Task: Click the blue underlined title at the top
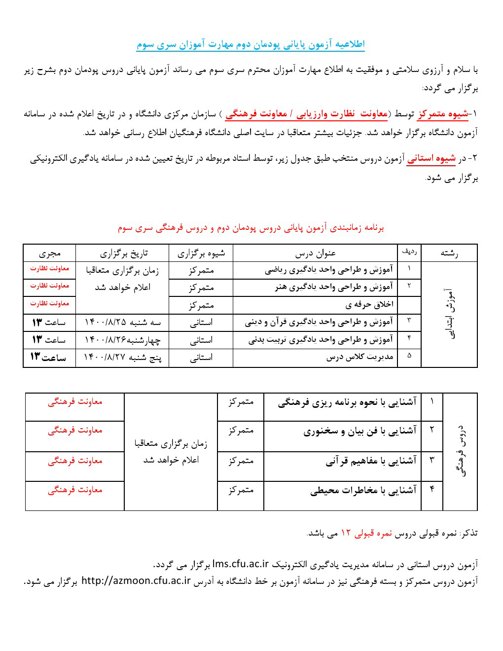click(251, 45)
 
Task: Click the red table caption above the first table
click(251, 228)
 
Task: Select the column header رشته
click(449, 253)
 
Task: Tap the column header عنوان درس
click(316, 253)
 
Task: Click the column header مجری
click(49, 253)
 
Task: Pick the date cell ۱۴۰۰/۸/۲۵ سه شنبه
click(122, 323)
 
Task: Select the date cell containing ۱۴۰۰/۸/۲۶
click(122, 340)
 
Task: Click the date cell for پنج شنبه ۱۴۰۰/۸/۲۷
click(122, 358)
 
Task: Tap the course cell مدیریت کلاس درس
click(360, 358)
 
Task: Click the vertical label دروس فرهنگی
click(461, 451)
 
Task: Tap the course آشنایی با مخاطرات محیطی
click(363, 490)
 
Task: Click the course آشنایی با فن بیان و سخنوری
click(359, 431)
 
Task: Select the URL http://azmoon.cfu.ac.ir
click(136, 580)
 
